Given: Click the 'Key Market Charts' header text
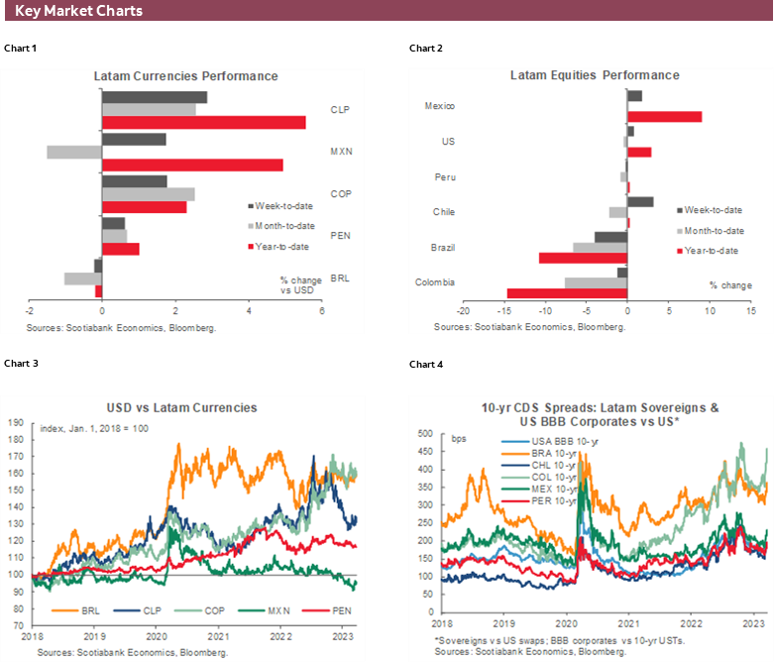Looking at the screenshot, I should (x=79, y=11).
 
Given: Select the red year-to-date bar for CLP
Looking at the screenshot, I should (x=204, y=123).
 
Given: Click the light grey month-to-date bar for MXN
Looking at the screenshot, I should (x=74, y=153).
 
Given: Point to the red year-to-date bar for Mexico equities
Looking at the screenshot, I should (x=664, y=117).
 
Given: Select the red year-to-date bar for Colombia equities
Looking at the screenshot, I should (x=567, y=293).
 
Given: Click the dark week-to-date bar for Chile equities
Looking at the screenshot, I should (x=640, y=201).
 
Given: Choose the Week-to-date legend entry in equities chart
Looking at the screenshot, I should (x=713, y=210).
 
